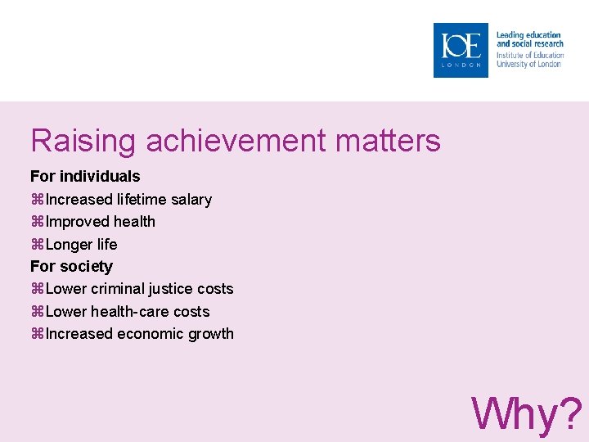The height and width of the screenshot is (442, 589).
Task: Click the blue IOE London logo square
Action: pyautogui.click(x=461, y=50)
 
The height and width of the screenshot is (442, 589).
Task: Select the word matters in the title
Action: pyautogui.click(x=386, y=141)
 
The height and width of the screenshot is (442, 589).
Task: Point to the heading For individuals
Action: pyautogui.click(x=85, y=176)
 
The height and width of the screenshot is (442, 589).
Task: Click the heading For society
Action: pyautogui.click(x=71, y=266)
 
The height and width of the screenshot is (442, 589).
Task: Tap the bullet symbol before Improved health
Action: pyautogui.click(x=37, y=222)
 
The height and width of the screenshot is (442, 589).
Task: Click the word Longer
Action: pyautogui.click(x=70, y=245)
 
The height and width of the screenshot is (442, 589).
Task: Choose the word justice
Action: pyautogui.click(x=173, y=289)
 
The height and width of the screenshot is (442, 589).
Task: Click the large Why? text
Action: pyautogui.click(x=527, y=413)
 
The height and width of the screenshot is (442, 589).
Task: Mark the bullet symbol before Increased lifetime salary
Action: pyautogui.click(x=37, y=200)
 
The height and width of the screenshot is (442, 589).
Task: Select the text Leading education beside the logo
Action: pyautogui.click(x=528, y=35)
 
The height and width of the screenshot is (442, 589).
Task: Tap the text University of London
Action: pyautogui.click(x=528, y=64)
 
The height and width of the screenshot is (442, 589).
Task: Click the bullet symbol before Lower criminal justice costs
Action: pyautogui.click(x=37, y=290)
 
